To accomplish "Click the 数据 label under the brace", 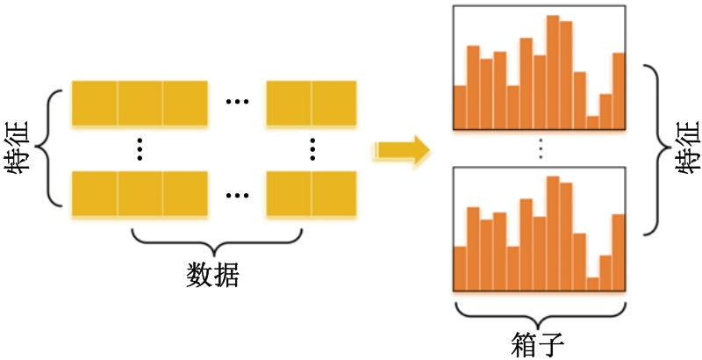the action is (212, 275).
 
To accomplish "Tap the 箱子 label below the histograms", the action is (537, 345).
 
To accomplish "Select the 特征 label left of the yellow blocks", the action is (17, 148).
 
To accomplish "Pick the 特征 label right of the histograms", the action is (687, 148).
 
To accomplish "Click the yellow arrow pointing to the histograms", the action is (401, 150).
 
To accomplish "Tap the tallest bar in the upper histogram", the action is (553, 72).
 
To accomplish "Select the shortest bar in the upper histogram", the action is (593, 123).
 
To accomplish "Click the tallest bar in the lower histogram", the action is (553, 234).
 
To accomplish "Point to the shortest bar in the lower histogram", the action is (593, 284).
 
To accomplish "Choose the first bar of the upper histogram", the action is (460, 107).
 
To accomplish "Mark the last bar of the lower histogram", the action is (619, 253).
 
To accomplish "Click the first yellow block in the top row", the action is (95, 103).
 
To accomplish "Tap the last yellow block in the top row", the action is (334, 103).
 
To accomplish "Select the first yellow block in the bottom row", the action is (95, 193).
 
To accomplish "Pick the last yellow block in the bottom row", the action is (334, 193).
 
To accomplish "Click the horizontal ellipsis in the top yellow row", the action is (237, 102).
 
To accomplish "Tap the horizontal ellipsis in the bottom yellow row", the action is (237, 195).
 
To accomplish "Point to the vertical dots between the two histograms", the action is (541, 148).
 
